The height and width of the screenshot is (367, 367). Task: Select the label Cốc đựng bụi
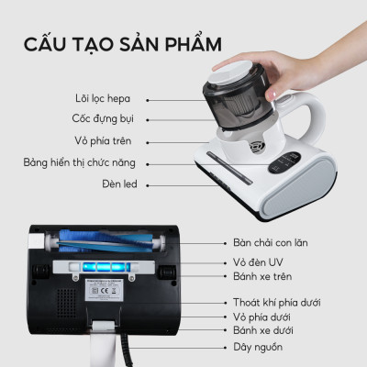[104, 118]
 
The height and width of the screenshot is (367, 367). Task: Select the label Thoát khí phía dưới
[280, 302]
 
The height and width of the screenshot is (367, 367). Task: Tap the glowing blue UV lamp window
[105, 268]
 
